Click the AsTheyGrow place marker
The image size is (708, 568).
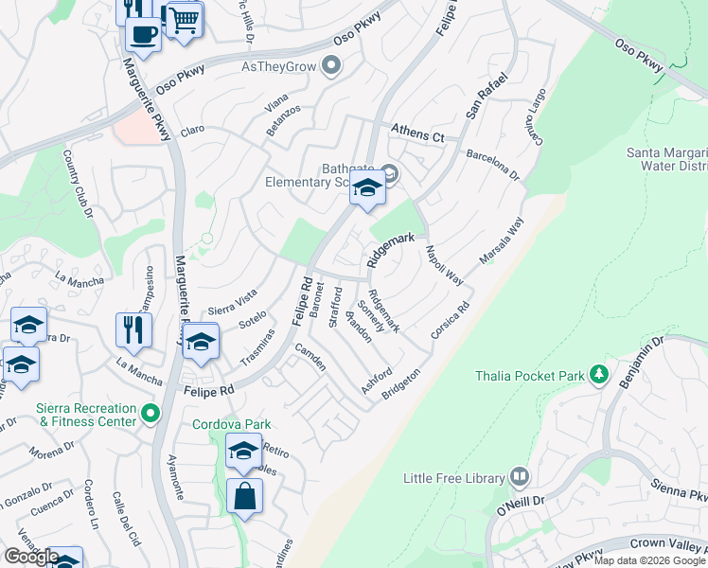(331, 65)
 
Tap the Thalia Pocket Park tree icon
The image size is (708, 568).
(598, 376)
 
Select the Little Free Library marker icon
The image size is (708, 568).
(519, 476)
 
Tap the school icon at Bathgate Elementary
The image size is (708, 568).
(367, 188)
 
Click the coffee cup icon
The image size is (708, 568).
(144, 35)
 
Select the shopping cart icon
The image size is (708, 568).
(185, 18)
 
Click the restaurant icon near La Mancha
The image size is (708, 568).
(133, 330)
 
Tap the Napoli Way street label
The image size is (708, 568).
(443, 266)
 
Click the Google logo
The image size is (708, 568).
(30, 557)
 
